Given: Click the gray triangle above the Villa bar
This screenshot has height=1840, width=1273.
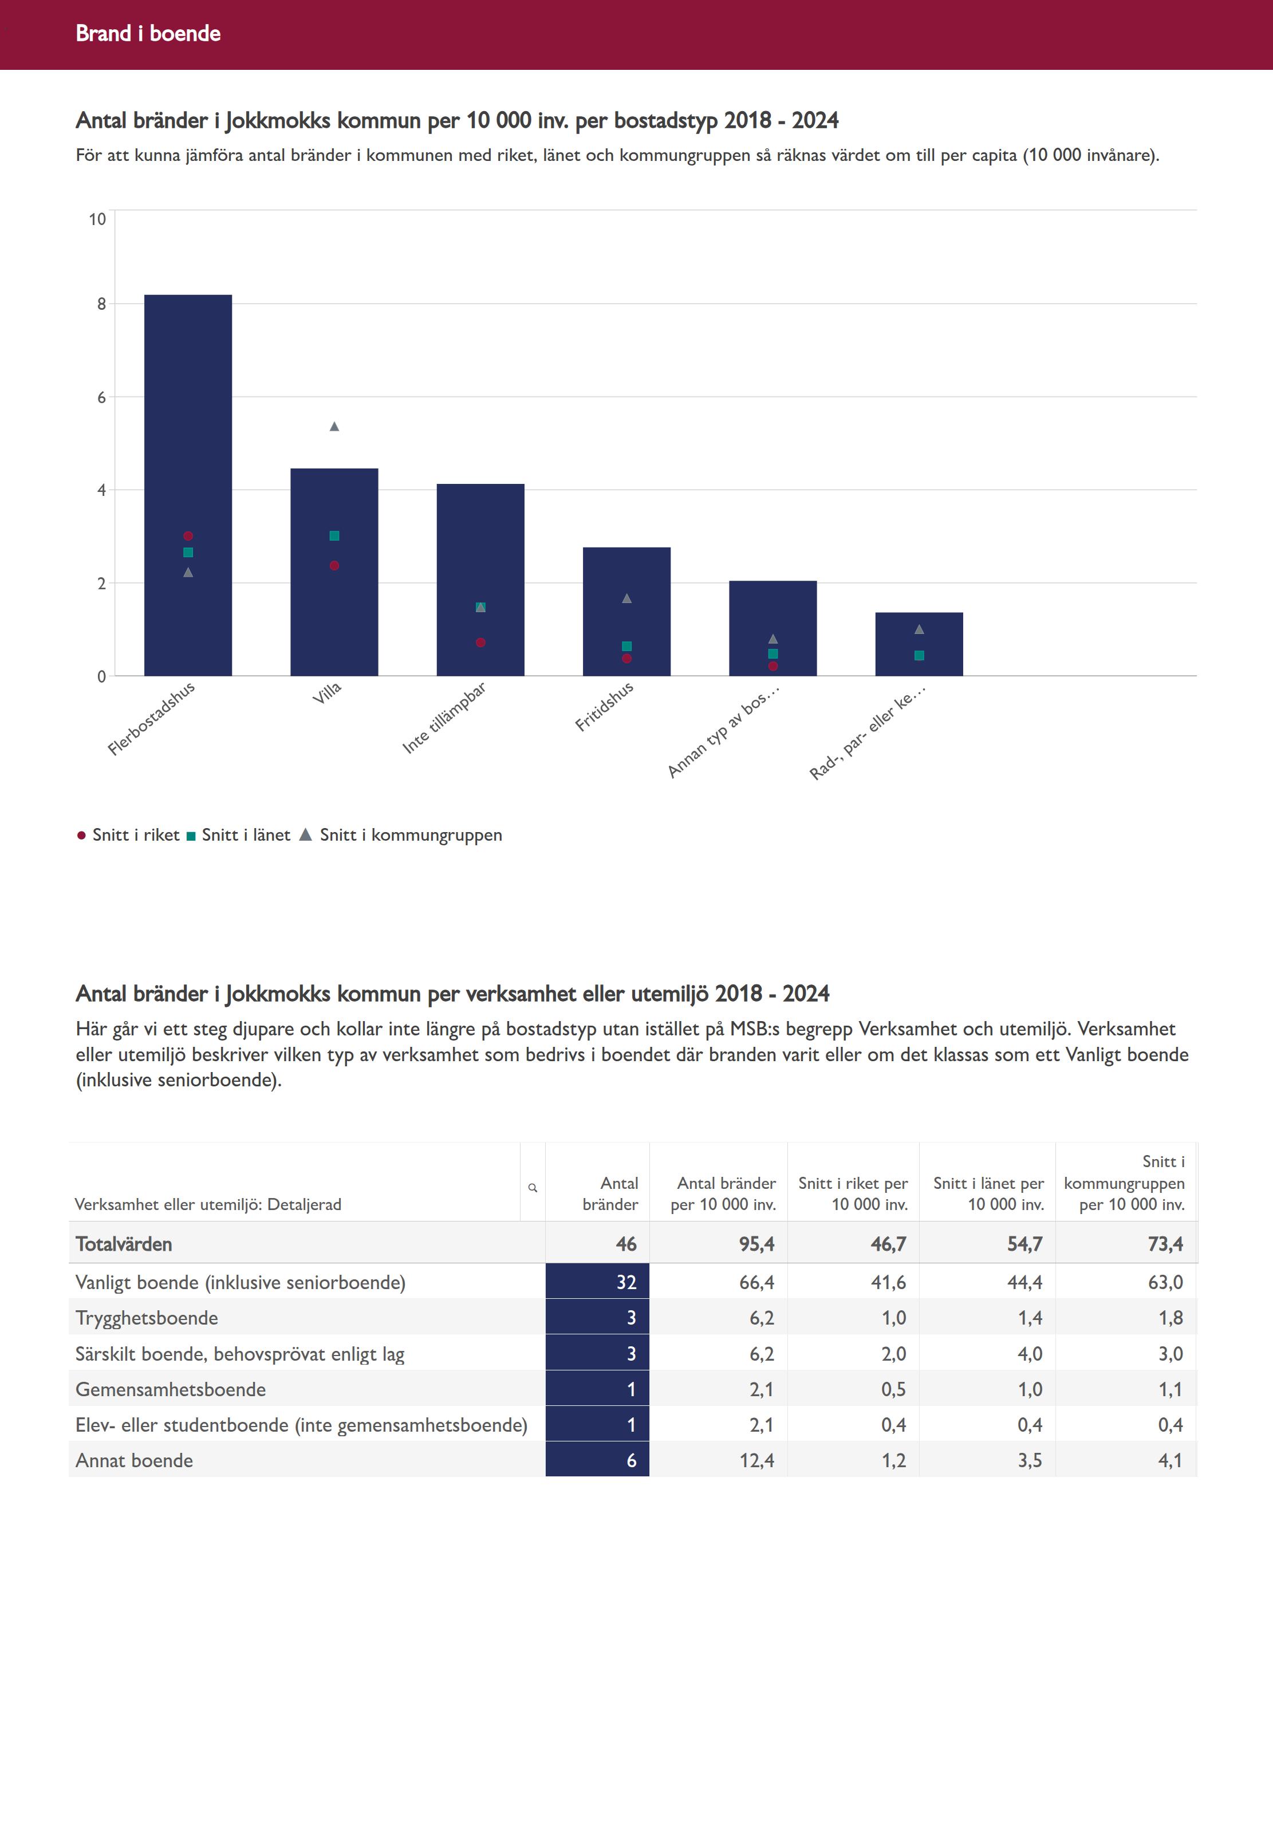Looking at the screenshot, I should [334, 427].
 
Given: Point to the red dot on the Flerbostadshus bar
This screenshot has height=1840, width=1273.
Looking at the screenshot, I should [188, 536].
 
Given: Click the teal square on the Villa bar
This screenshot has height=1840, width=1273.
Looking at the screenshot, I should [334, 536].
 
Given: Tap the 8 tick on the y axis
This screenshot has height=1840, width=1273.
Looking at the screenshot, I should [101, 304].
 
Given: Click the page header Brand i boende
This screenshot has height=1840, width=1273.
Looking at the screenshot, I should [148, 33].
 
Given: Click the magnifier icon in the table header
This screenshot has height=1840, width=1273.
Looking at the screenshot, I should [533, 1188].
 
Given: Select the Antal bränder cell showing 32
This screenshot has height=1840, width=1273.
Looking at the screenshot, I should [597, 1282].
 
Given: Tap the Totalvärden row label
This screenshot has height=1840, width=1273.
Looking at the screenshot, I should [124, 1244].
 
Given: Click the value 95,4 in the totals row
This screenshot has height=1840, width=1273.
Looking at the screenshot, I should [756, 1244].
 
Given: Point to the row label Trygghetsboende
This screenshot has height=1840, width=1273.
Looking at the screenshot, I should [147, 1318].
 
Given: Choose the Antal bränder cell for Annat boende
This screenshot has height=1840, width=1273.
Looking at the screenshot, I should [597, 1460].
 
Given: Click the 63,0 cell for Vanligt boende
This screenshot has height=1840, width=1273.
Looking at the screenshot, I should [1165, 1282].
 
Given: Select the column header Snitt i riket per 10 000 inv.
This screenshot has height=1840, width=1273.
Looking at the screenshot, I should [853, 1194].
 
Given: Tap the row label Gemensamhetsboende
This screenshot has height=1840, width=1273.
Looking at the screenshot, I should [171, 1389].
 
